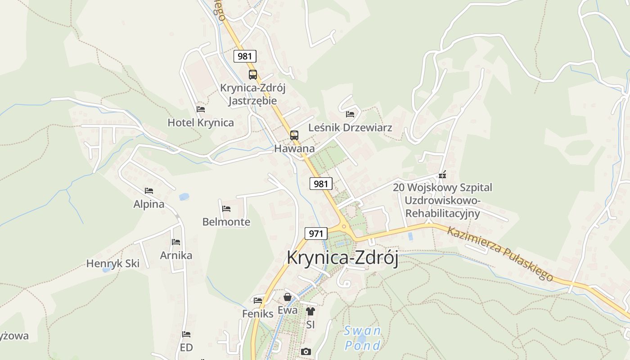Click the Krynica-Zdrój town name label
point(342,258)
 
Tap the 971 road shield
point(316,234)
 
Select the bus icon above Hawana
point(294,135)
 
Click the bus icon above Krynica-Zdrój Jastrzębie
point(253,75)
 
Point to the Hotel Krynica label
point(201,122)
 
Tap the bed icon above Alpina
point(149,191)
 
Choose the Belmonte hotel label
point(226,222)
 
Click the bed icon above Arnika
point(176,242)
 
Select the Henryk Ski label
point(113,264)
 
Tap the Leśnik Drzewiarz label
point(350,128)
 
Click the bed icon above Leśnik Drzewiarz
point(350,114)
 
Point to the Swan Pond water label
point(362,338)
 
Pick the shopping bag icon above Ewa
point(288,297)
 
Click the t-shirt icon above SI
point(310,311)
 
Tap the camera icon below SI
point(306,351)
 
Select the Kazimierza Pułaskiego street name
point(500,253)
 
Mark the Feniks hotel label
point(258,314)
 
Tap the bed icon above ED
point(186,334)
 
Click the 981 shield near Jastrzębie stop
point(245,56)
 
